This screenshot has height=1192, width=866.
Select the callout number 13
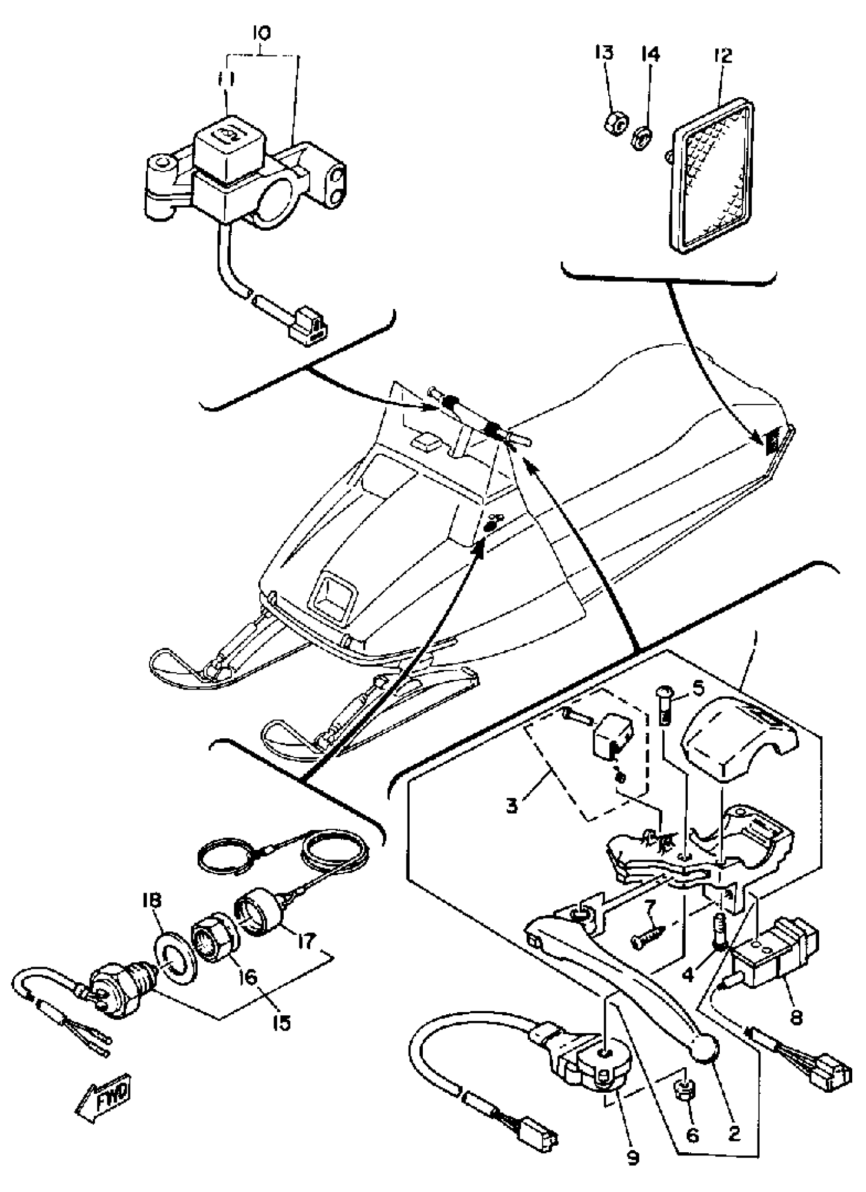(x=604, y=52)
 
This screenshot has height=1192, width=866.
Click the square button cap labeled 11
(x=231, y=141)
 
